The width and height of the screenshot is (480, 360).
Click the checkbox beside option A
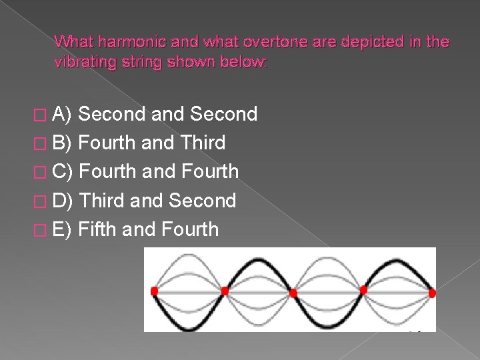pyautogui.click(x=40, y=115)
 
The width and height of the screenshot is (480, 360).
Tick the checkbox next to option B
pyautogui.click(x=40, y=143)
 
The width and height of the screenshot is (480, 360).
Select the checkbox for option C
pyautogui.click(x=40, y=173)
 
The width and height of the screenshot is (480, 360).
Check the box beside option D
pyautogui.click(x=40, y=201)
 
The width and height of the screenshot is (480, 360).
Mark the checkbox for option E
pyautogui.click(x=40, y=230)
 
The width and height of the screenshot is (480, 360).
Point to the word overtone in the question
pyautogui.click(x=275, y=41)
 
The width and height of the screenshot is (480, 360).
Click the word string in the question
pyautogui.click(x=141, y=63)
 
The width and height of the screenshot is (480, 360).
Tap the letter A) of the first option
pyautogui.click(x=61, y=114)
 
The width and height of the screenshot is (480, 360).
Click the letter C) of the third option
pyautogui.click(x=63, y=171)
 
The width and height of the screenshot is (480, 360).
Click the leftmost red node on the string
pyautogui.click(x=155, y=291)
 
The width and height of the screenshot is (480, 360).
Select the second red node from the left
pyautogui.click(x=225, y=291)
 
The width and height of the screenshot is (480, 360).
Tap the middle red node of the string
pyautogui.click(x=293, y=293)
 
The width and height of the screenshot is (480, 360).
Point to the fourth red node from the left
pyautogui.click(x=363, y=289)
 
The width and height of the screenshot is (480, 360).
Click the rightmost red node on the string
pyautogui.click(x=432, y=293)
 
